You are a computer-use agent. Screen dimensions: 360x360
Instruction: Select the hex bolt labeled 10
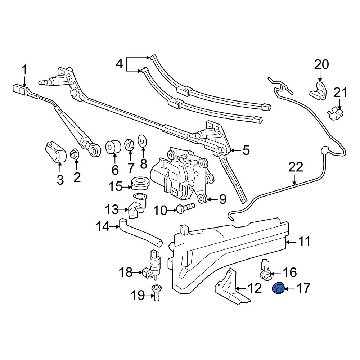pyautogui.click(x=185, y=208)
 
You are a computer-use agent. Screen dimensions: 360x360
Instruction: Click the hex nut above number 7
pyautogui.click(x=129, y=145)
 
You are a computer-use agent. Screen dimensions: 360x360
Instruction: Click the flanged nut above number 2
pyautogui.click(x=75, y=154)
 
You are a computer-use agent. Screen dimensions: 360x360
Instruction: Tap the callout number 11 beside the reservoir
pyautogui.click(x=305, y=242)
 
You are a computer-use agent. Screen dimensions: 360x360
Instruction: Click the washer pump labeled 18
pyautogui.click(x=152, y=265)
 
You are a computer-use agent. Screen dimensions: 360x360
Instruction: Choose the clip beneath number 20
pyautogui.click(x=318, y=91)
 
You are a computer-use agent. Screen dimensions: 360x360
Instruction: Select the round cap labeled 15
pyautogui.click(x=140, y=183)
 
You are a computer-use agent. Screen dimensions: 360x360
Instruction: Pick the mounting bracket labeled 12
pyautogui.click(x=232, y=288)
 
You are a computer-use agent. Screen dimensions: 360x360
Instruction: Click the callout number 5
pyautogui.click(x=246, y=150)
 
